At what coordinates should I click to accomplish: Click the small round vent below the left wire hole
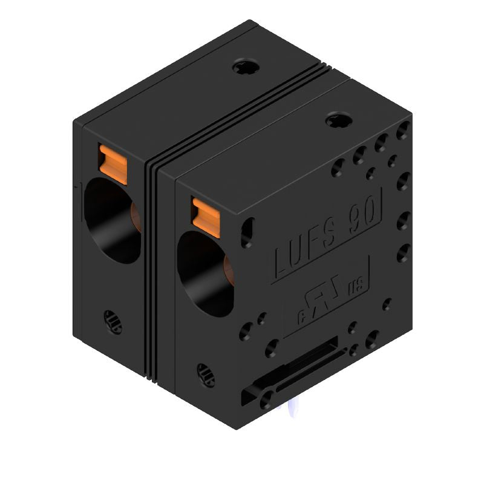pos(112,321)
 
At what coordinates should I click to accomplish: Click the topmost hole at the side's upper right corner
pos(404,129)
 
